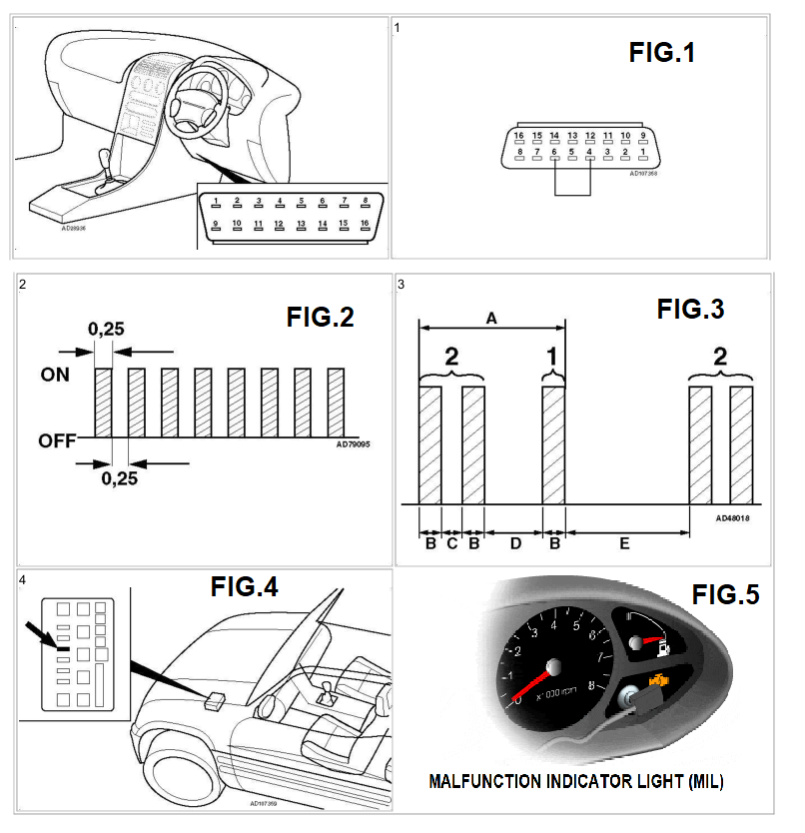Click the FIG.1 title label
click(x=661, y=53)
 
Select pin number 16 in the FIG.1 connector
click(x=518, y=136)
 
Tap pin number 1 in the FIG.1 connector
click(x=643, y=152)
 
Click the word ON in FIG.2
click(x=54, y=376)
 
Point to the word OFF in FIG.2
click(x=57, y=440)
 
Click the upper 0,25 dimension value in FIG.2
click(x=106, y=328)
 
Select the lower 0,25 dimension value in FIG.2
click(x=121, y=478)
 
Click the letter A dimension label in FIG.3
click(x=491, y=317)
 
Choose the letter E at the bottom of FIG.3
click(x=624, y=543)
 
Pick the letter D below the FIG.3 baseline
click(x=515, y=543)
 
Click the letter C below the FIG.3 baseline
click(x=451, y=543)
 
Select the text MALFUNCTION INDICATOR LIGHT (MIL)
click(x=575, y=781)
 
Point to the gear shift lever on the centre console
click(x=105, y=165)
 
